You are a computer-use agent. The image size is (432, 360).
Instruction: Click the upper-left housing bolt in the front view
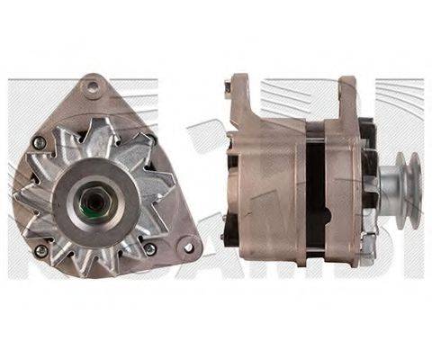[x=37, y=142]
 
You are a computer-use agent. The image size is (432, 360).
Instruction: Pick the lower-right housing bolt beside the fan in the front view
[x=149, y=247]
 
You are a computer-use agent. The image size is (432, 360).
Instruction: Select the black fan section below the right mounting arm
[x=366, y=135]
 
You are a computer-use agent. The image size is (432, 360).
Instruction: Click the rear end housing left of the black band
[x=265, y=193]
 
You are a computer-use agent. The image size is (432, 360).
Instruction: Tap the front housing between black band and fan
[x=342, y=193]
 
